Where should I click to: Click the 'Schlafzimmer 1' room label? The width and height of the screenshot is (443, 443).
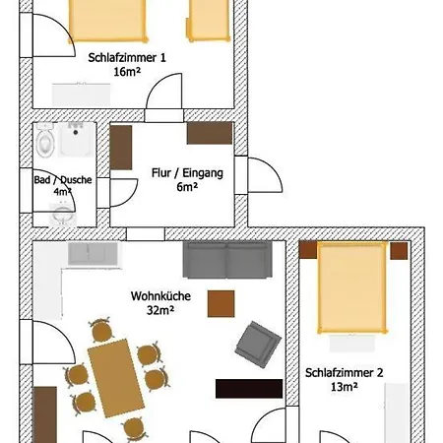click(126, 57)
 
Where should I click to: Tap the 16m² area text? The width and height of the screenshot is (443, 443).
click(126, 72)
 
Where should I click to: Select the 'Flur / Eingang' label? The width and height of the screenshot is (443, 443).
click(187, 172)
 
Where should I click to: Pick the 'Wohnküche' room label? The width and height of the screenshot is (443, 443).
click(159, 294)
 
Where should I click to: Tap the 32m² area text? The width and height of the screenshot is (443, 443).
click(159, 309)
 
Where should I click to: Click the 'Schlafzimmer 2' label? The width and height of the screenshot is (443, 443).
click(345, 372)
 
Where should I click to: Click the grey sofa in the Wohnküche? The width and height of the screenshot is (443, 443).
click(227, 259)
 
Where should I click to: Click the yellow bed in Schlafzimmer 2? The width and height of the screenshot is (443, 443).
click(351, 286)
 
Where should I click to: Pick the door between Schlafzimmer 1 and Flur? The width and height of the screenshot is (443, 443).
click(162, 101)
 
